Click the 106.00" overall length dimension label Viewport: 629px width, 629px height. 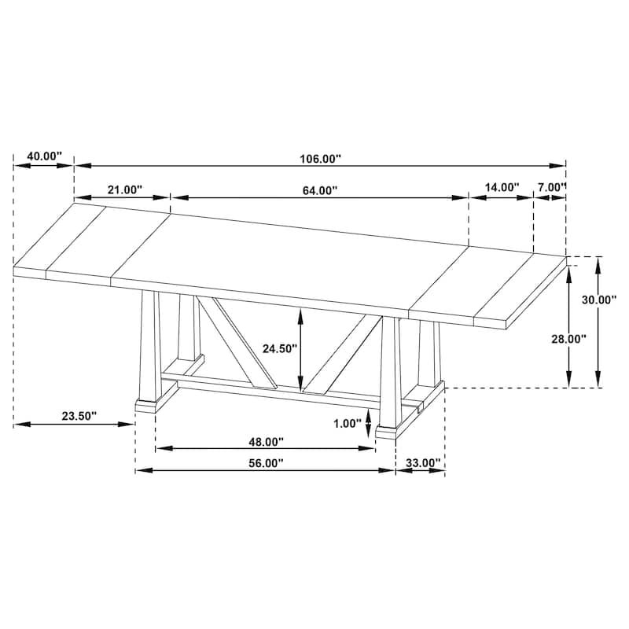[x=320, y=159]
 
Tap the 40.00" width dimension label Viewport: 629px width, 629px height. [x=45, y=156]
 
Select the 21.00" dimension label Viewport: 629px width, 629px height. [x=125, y=189]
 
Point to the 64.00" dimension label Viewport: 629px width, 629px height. [x=320, y=190]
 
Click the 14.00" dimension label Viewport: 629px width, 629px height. [x=502, y=187]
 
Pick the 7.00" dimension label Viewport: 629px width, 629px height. [x=552, y=187]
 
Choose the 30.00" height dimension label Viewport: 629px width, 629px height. [x=599, y=300]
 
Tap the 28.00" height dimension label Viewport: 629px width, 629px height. [x=568, y=340]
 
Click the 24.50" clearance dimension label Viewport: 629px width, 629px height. [x=280, y=348]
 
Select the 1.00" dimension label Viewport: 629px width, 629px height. [x=348, y=423]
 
